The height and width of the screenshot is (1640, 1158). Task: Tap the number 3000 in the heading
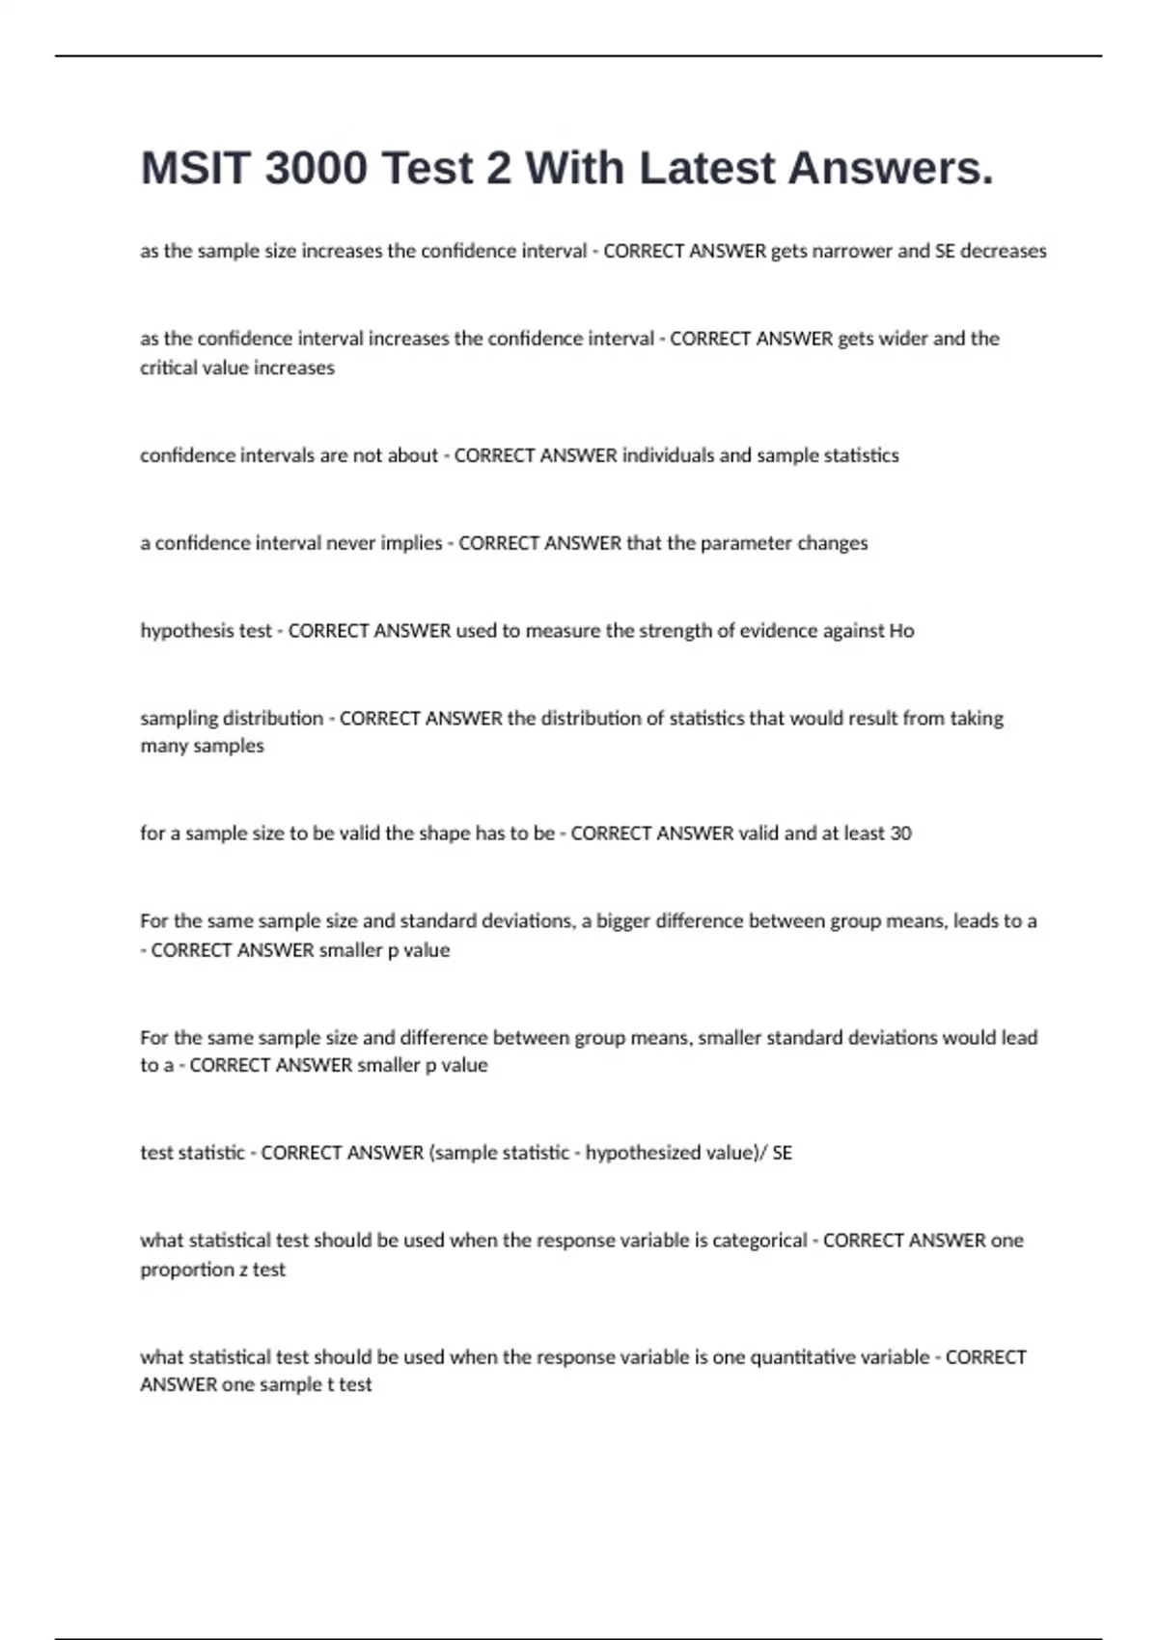316,168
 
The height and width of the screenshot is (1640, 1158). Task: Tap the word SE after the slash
782,1153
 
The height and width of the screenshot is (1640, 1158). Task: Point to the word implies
411,543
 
